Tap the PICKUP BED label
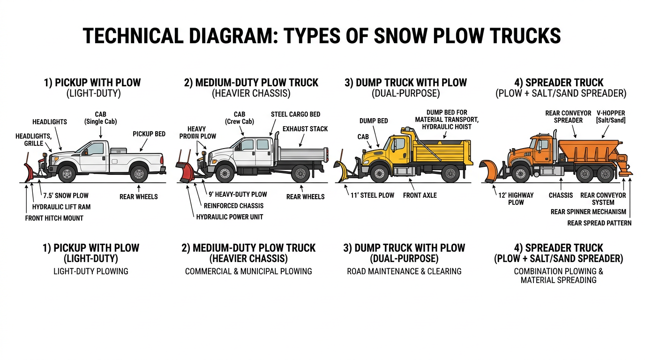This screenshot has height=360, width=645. (x=149, y=134)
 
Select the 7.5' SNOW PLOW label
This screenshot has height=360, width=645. (x=66, y=195)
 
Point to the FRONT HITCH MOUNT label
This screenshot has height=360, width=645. (x=54, y=218)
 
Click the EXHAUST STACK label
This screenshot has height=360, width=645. (x=305, y=129)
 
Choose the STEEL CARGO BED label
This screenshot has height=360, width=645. (x=295, y=114)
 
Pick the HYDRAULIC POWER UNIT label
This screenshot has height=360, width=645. (x=230, y=217)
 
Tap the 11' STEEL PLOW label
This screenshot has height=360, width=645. (x=372, y=195)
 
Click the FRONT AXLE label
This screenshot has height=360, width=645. (x=420, y=195)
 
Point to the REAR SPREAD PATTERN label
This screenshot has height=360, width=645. (x=599, y=223)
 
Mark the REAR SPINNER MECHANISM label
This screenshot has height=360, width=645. (x=588, y=212)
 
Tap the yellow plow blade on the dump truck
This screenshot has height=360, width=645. (x=343, y=172)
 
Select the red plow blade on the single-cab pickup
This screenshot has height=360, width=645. (x=29, y=173)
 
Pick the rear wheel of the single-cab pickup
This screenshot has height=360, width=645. (x=139, y=173)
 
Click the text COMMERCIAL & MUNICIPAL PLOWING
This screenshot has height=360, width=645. (x=248, y=271)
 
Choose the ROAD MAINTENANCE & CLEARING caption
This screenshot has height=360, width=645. (x=404, y=271)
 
